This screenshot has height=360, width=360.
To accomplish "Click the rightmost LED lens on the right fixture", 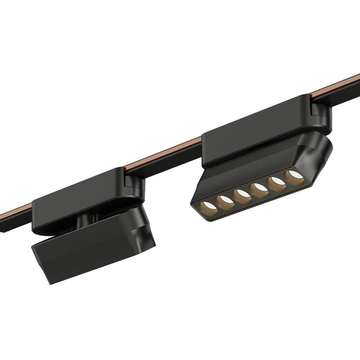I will coord(294,176).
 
